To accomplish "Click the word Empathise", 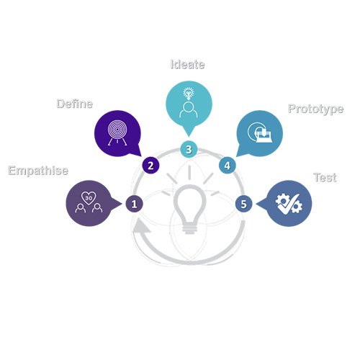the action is coord(38,171).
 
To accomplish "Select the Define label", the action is coord(75,104).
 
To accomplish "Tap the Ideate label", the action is coord(187,64).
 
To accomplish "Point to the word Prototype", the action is coord(316,109).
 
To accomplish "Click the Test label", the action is coord(325,178).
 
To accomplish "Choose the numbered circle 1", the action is coord(135,204).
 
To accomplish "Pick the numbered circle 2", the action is coord(150,166).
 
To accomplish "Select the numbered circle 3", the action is coord(189,149).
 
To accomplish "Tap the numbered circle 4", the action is coord(228,166).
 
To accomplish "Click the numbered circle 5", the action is coord(244,204).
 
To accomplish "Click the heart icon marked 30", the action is coord(89,198).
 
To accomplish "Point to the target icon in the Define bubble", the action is coord(117,132).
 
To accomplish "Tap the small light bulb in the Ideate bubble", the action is coord(189,94).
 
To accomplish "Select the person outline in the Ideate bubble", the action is coord(189,109).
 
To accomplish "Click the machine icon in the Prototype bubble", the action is coord(260,132).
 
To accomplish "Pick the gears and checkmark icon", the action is coord(289,204).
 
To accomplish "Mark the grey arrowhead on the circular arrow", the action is coord(141,225).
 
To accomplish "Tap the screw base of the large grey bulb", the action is coord(190,228).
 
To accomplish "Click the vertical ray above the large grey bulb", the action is coord(189,173).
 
